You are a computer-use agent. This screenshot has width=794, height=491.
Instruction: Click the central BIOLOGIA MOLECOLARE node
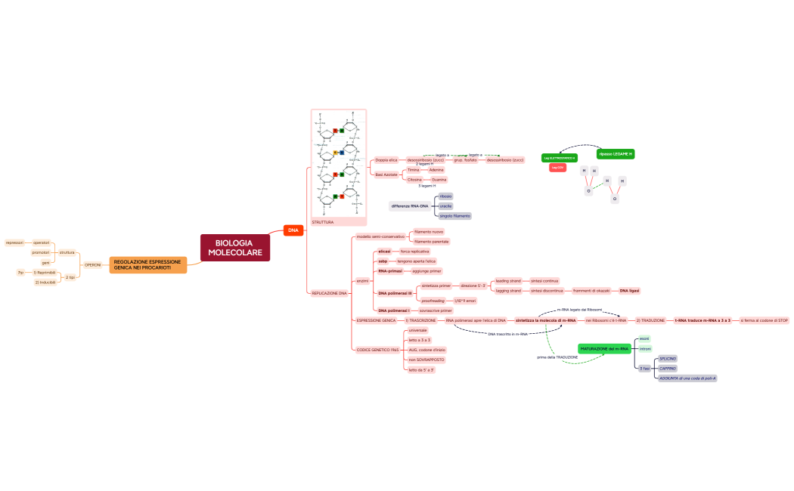coord(235,248)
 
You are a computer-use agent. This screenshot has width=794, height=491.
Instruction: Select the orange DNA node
coord(293,230)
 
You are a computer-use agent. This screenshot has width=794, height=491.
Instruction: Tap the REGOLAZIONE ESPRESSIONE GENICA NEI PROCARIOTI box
coord(147,264)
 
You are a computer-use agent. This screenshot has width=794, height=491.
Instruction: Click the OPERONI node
coord(92,264)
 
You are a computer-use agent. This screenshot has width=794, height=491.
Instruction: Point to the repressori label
coord(14,242)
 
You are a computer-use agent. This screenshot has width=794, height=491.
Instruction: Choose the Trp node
coord(21,272)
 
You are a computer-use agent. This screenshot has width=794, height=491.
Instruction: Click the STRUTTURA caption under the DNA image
coord(323,222)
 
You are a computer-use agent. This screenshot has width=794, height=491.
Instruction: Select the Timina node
coord(413,170)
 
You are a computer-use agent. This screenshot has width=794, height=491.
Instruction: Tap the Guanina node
coord(439,180)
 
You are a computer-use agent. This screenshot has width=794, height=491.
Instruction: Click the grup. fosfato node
coord(465,160)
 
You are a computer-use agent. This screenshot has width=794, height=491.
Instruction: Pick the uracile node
coord(445,205)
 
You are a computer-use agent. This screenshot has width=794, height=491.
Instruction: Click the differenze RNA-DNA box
coord(409,205)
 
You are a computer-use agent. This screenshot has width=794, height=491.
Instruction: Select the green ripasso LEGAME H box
coord(615,153)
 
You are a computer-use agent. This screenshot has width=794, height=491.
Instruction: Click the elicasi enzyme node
coord(384,251)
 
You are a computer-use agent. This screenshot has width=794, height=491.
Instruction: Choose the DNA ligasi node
coord(629,290)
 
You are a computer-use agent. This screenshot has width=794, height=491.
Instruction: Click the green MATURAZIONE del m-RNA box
coord(604,348)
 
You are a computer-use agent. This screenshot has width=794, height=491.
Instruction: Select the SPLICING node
coord(668,358)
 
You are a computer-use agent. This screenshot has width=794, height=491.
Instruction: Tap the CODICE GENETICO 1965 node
coord(377,350)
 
